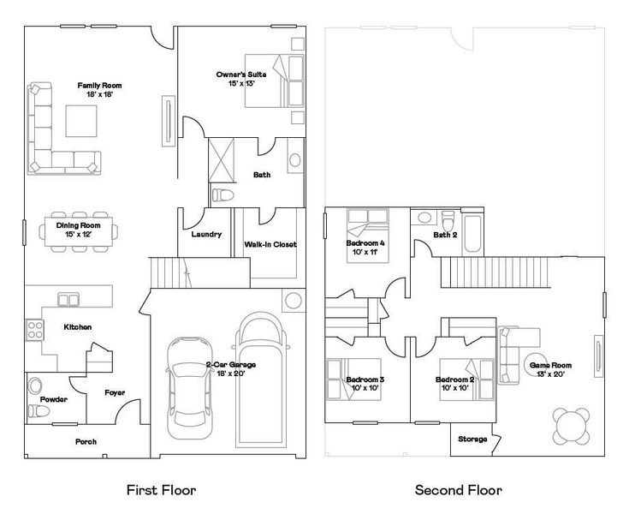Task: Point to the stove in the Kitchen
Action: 35,329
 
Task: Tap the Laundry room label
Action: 206,234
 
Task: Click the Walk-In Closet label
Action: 270,244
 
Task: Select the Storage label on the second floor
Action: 472,439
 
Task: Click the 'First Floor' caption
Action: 161,491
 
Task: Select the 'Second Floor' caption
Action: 458,491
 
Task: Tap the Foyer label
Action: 115,392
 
